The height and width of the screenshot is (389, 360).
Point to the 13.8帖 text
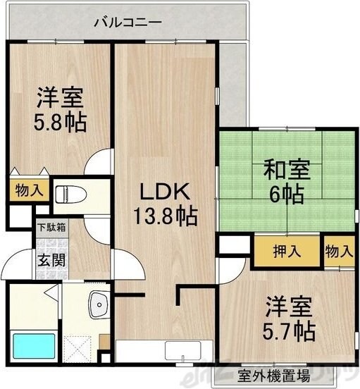166,214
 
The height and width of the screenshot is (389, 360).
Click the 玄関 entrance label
51,259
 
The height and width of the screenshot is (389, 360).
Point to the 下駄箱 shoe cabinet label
51,228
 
